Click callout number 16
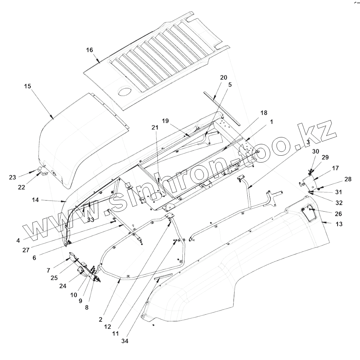[89, 50]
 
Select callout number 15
[27, 86]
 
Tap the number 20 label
[224, 77]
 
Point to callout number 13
[339, 224]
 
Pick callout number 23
[12, 177]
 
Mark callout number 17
[335, 168]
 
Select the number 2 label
[100, 320]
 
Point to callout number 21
[154, 128]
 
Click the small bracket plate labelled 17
[307, 182]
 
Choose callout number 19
[165, 121]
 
